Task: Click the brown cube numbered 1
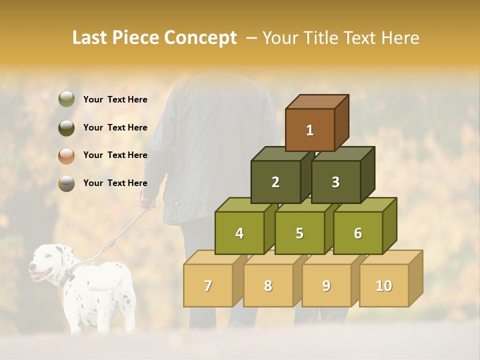pyautogui.click(x=310, y=130)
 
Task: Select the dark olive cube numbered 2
pyautogui.click(x=275, y=182)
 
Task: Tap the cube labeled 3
pyautogui.click(x=335, y=182)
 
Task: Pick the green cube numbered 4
pyautogui.click(x=239, y=233)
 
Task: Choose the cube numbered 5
pyautogui.click(x=299, y=233)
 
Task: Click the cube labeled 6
pyautogui.click(x=357, y=233)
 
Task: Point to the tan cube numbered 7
pyautogui.click(x=208, y=285)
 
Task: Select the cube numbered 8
pyautogui.click(x=268, y=285)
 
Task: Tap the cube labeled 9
pyautogui.click(x=326, y=285)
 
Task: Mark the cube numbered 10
pyautogui.click(x=383, y=285)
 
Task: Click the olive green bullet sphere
pyautogui.click(x=66, y=99)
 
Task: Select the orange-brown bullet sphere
pyautogui.click(x=66, y=155)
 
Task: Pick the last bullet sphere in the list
pyautogui.click(x=66, y=183)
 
